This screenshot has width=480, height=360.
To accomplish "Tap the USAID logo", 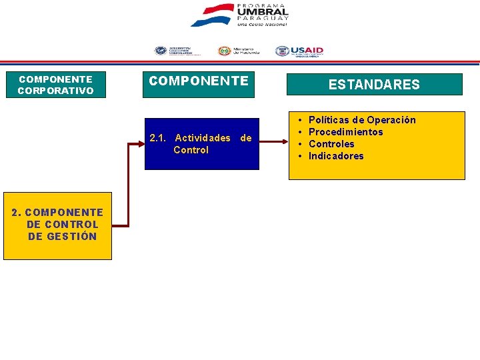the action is coord(299,51).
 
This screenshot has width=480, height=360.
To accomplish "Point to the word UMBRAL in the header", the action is coord(263,11).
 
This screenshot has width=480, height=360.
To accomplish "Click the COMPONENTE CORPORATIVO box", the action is coord(55,85).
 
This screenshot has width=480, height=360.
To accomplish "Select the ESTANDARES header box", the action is coord(374,85).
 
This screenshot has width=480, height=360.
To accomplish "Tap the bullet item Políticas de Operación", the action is coord(362,120).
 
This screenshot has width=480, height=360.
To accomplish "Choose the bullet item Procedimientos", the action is coord(346,132).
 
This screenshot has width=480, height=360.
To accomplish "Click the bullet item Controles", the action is coord(331,144).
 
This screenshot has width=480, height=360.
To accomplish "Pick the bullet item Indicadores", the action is coord(336,156).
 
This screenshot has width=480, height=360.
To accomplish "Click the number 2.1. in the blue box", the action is coord(159,138).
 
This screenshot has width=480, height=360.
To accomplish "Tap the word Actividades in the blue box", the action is coord(203,138).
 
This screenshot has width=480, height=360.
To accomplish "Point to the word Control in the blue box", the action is coord(191,150).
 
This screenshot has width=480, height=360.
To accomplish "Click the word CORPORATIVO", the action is coord(55,91).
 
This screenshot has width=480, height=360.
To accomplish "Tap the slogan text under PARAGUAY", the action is coord(262,24).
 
